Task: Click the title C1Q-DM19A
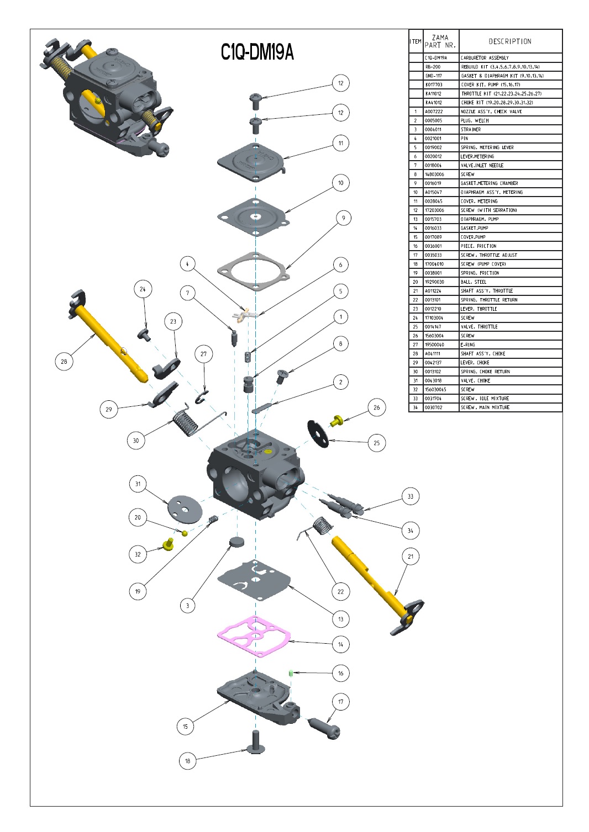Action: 257,52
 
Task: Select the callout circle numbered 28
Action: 64,362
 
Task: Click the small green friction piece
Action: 290,672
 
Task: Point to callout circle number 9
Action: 343,218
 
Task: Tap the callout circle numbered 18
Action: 187,761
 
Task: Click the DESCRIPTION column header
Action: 510,41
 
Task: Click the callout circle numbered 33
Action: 410,496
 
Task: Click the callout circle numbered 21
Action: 410,557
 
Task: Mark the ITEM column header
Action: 416,41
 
